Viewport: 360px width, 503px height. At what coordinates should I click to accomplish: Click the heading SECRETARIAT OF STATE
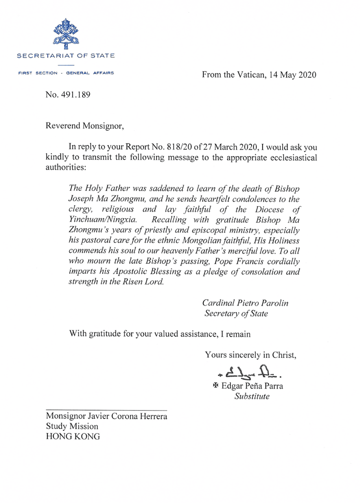point(66,56)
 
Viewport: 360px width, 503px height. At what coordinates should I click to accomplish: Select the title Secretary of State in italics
point(236,314)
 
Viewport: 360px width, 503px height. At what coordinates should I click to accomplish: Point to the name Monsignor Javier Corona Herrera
point(106,416)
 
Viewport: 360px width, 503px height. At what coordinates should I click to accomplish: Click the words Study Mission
point(72,426)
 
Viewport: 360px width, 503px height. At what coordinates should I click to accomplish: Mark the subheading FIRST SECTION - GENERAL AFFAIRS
point(66,73)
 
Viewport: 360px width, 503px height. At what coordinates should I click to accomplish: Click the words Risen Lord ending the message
point(143,283)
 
